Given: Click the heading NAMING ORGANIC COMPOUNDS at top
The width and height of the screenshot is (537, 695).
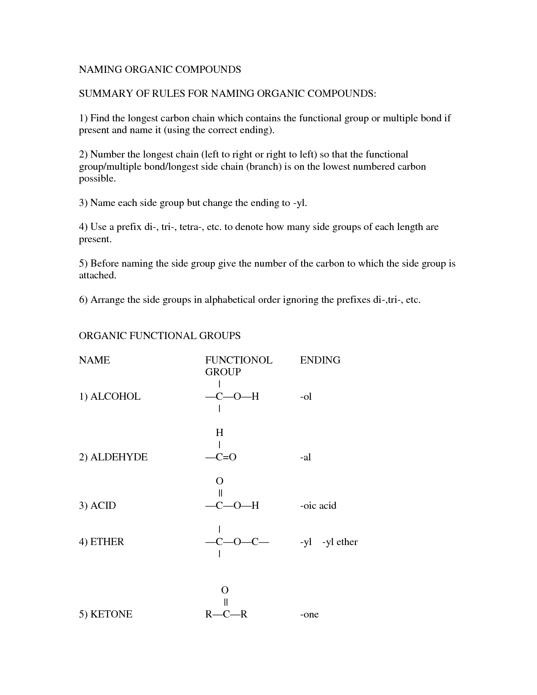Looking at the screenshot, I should [x=160, y=69].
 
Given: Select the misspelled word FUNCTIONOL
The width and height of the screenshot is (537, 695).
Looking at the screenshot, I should [x=238, y=360].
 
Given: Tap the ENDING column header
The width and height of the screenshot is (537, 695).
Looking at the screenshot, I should [x=320, y=360].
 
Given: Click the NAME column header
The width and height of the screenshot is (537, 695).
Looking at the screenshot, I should [x=94, y=360].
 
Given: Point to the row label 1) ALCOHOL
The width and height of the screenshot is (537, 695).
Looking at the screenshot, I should [x=110, y=396].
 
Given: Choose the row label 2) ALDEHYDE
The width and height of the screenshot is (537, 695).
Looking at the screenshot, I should [x=113, y=457].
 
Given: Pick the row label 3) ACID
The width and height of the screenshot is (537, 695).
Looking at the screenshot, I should [x=97, y=505].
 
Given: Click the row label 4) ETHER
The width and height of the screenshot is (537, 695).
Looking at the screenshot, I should [x=102, y=542].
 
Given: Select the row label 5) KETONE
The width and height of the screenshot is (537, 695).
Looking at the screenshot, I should [x=105, y=614].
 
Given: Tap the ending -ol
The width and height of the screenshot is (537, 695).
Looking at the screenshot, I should [x=306, y=396].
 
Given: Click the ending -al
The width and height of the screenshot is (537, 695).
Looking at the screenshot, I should [x=305, y=457].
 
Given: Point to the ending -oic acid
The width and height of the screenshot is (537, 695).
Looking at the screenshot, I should [x=318, y=505].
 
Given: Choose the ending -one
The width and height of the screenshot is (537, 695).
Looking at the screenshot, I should [x=309, y=614].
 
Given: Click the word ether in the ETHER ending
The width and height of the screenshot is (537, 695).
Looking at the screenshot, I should [x=347, y=542].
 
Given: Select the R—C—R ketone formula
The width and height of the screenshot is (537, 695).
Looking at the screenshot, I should [x=226, y=614].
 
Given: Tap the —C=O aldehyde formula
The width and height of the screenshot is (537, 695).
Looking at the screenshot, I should [x=221, y=457].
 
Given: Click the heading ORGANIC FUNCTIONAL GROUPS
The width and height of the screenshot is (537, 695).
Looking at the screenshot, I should [x=160, y=336].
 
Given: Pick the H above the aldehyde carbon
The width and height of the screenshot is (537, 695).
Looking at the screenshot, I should [x=219, y=433].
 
